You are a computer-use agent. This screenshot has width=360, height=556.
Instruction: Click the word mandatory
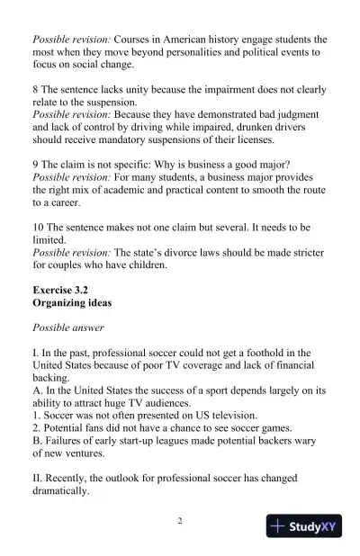[x=117, y=140]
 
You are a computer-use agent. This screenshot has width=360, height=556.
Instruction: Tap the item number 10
[x=39, y=229]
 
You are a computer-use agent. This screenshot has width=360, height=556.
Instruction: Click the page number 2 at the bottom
[x=180, y=522]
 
